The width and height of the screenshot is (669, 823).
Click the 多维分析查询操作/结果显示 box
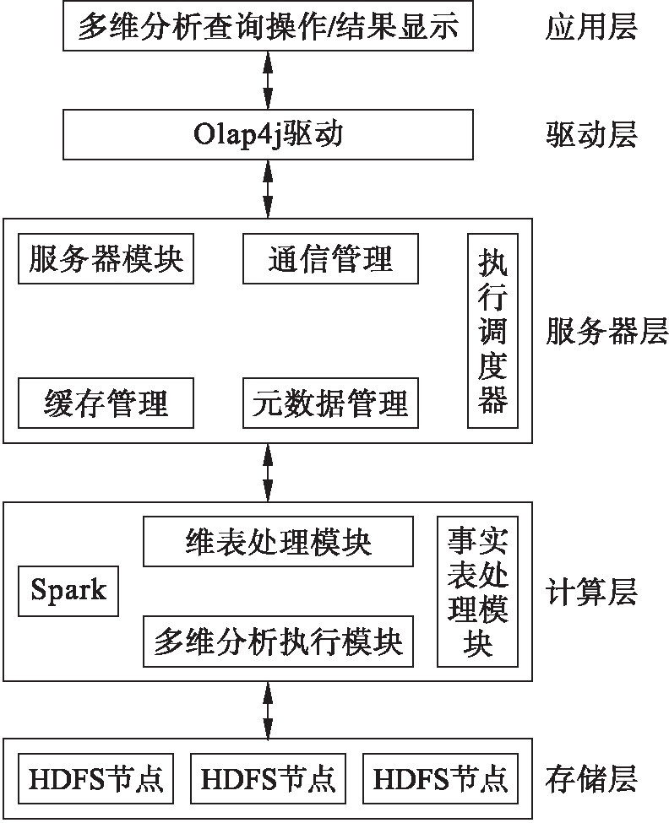(x=268, y=27)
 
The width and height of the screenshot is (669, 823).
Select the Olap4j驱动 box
(x=268, y=135)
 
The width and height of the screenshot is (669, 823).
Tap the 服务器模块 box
(x=106, y=258)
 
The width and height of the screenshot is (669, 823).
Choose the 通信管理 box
(x=330, y=258)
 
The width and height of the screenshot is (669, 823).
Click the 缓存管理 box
(x=106, y=403)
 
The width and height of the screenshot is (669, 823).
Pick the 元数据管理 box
(x=330, y=403)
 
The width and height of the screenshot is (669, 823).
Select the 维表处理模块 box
(x=278, y=542)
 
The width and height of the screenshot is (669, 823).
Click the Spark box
(x=68, y=590)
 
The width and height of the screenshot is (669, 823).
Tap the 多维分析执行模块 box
(x=278, y=642)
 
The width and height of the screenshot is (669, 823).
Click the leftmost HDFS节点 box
(x=95, y=777)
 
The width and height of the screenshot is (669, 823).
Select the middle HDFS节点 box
(x=268, y=777)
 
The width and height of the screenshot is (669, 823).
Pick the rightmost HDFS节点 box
(x=440, y=777)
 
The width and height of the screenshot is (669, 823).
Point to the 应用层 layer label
(x=591, y=28)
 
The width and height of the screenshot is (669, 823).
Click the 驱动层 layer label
(x=591, y=135)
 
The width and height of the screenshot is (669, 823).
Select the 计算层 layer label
(x=591, y=592)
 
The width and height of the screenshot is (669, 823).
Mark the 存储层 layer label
(x=591, y=777)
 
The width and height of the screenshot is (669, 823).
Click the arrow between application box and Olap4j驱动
(x=268, y=81)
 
